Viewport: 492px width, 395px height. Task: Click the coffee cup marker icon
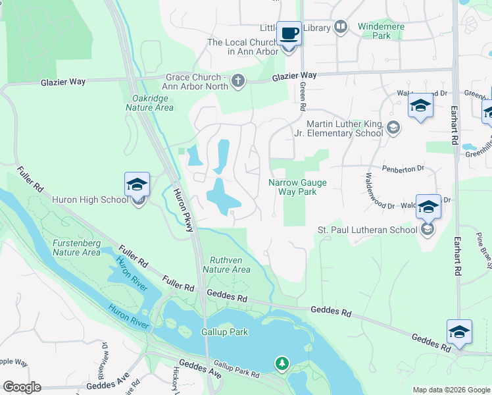point(289,33)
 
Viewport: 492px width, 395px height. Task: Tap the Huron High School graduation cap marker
point(137,185)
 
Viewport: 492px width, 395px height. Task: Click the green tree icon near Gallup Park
point(282,363)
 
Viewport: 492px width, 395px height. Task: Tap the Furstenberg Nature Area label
point(77,248)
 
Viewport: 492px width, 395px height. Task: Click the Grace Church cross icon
point(238,81)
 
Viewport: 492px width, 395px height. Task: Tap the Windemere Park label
point(381,31)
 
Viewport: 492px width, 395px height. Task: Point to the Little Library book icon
point(341,27)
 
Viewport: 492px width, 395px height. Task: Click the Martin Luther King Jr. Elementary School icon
point(393,128)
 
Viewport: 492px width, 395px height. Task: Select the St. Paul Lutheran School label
point(367,230)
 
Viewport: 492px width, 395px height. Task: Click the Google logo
point(22,387)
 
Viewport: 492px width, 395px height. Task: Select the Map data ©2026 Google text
point(451,390)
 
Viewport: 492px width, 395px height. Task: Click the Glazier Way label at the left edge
point(63,82)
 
